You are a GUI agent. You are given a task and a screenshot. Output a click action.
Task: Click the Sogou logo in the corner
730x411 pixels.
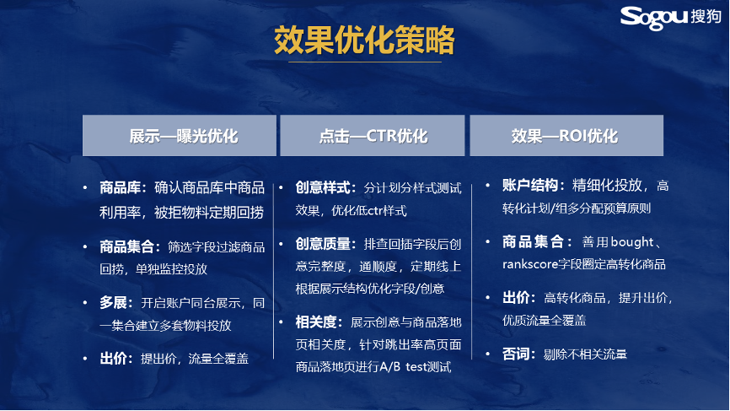(671, 17)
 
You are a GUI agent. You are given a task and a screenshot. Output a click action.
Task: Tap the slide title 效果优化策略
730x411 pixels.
(364, 40)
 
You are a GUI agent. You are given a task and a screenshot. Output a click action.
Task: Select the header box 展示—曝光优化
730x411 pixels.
(180, 136)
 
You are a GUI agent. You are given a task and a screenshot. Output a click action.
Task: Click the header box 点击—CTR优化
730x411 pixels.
(373, 136)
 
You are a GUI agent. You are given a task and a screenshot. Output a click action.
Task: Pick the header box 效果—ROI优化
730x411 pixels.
(566, 136)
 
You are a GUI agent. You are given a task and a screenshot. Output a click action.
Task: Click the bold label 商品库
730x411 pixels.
(120, 188)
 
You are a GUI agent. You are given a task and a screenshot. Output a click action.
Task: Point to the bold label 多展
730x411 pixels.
(113, 303)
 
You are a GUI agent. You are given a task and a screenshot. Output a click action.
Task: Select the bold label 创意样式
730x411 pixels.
(323, 188)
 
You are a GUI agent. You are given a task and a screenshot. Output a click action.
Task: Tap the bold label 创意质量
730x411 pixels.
(323, 244)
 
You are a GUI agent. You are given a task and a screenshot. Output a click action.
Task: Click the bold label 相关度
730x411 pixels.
(316, 322)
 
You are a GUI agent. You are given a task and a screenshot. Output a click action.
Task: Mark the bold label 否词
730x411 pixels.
(516, 354)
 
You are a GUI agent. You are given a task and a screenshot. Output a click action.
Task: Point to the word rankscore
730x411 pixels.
(530, 265)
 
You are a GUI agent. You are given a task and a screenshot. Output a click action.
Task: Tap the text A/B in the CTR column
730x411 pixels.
(389, 367)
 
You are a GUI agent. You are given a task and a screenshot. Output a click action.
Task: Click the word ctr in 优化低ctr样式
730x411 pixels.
(375, 211)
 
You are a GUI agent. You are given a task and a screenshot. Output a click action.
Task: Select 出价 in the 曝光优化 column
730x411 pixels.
(113, 359)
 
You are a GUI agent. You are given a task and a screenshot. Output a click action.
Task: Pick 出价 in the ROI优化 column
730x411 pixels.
(516, 298)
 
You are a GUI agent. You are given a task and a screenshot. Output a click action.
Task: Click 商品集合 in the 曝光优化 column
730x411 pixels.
(126, 247)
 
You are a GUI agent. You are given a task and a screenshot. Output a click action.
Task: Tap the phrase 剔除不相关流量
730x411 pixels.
(585, 354)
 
